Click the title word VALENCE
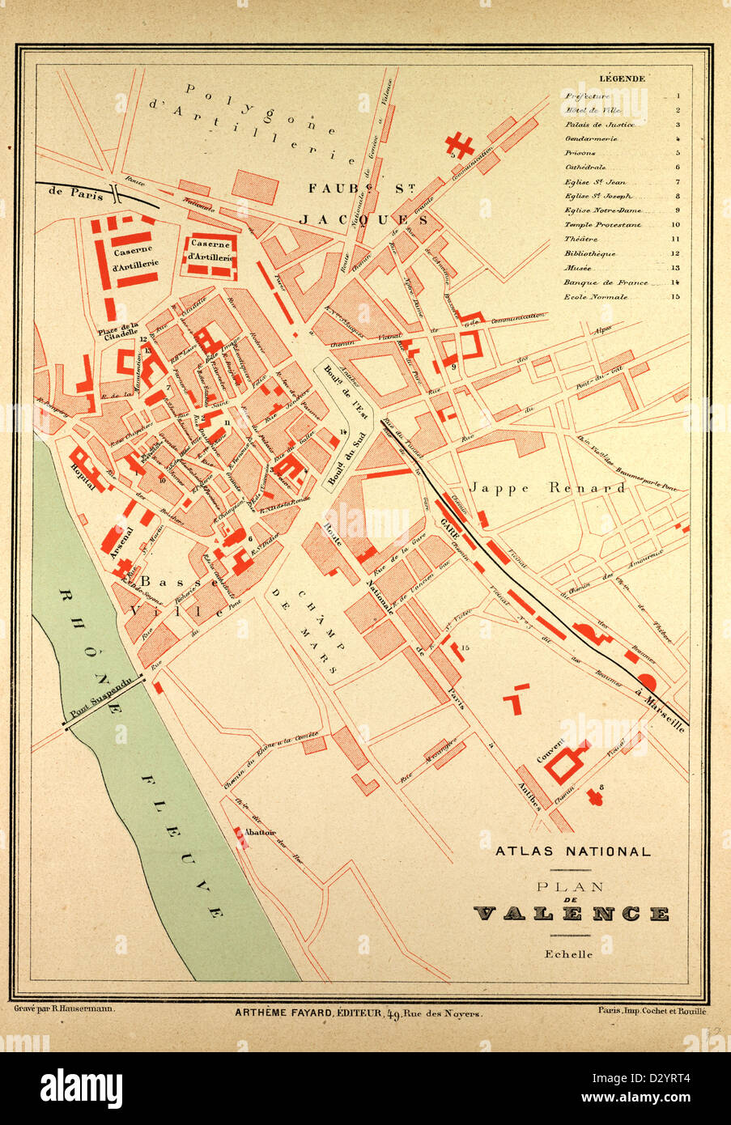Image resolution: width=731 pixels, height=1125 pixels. tap(571, 914)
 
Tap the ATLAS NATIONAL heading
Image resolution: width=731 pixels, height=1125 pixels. tap(572, 851)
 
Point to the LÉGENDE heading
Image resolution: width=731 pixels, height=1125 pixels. tap(622, 79)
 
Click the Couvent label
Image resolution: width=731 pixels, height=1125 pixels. tap(550, 754)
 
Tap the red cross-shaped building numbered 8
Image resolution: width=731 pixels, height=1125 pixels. tap(598, 796)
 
